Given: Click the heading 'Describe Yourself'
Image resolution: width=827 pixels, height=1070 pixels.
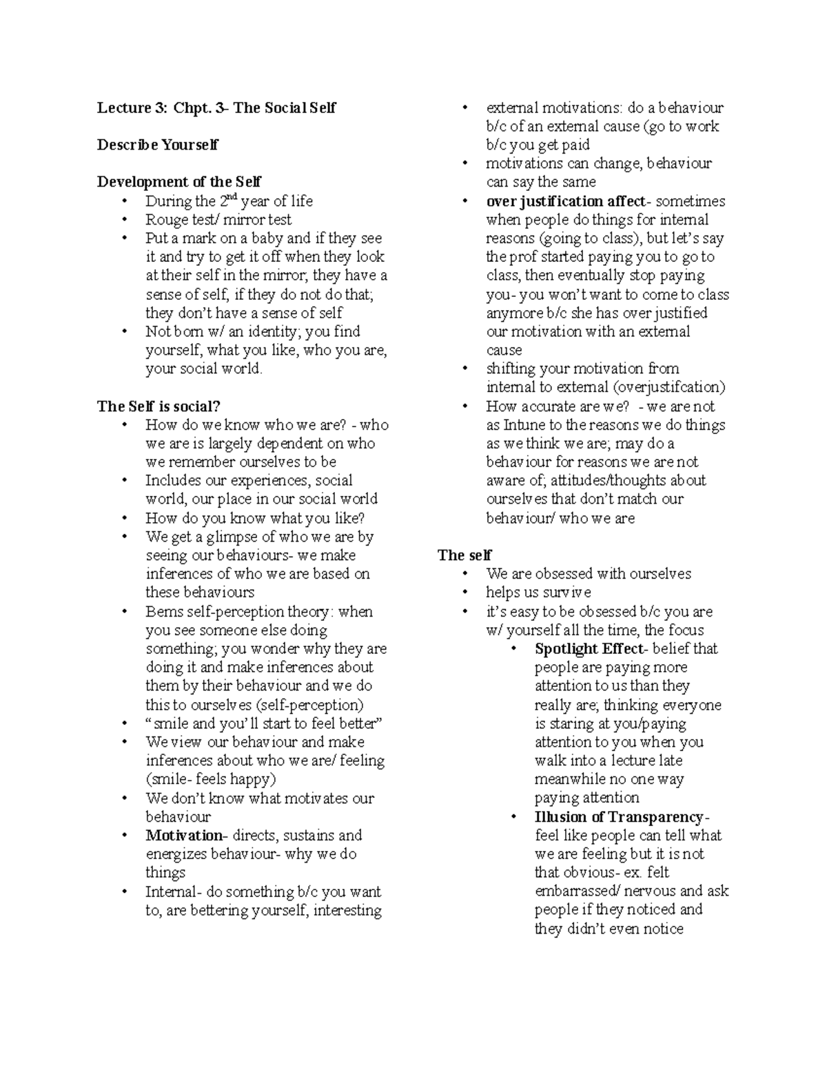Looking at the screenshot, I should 158,145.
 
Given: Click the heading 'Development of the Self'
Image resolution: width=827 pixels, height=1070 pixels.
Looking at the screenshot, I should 179,182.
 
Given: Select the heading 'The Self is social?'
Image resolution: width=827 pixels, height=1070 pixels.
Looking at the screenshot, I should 159,406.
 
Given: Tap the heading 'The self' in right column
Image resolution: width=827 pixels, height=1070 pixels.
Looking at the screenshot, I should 465,555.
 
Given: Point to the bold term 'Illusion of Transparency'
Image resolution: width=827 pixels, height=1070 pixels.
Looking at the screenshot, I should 618,817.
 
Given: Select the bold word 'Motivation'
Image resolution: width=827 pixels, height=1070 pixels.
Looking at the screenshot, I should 183,836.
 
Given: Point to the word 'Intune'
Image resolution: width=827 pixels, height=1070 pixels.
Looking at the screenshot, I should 526,425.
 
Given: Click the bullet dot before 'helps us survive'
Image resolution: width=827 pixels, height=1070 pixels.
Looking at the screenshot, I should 467,593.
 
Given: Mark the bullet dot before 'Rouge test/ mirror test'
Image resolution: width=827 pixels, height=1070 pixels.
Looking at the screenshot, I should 125,220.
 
